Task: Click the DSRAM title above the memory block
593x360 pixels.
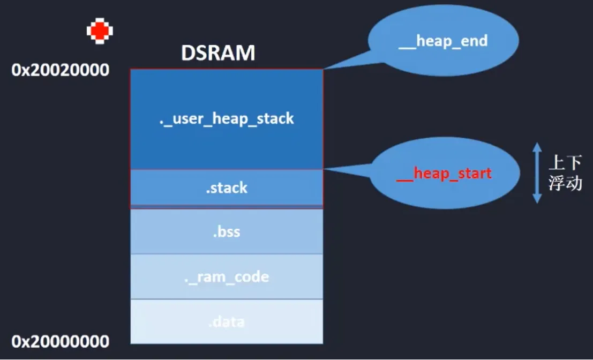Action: click(217, 54)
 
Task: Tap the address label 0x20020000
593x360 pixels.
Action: click(61, 70)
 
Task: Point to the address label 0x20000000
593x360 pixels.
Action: click(61, 341)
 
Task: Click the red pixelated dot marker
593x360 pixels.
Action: click(100, 31)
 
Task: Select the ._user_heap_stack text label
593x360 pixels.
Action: click(226, 119)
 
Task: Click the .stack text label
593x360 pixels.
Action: click(226, 188)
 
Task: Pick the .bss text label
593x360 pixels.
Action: click(226, 232)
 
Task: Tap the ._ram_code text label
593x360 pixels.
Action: click(226, 277)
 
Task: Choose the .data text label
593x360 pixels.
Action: click(226, 322)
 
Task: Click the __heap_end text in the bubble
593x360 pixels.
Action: click(443, 41)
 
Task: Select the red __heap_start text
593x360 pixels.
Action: click(444, 174)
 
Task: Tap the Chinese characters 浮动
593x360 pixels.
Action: click(565, 184)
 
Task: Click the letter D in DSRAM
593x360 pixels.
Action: click(187, 54)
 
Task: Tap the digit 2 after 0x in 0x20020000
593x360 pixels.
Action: click(34, 70)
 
